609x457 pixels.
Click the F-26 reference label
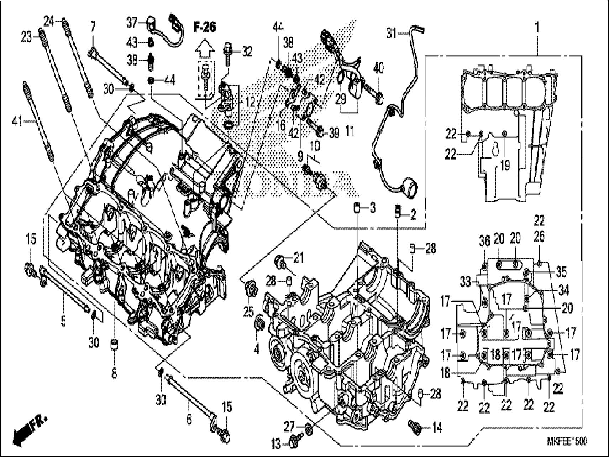[205, 27]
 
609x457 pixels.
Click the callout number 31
[391, 34]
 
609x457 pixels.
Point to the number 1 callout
[537, 27]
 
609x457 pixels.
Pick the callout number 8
[114, 373]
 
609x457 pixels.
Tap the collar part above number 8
[114, 345]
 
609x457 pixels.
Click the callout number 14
[437, 428]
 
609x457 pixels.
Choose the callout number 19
[505, 165]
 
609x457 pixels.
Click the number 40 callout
[379, 68]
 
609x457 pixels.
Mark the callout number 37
[132, 23]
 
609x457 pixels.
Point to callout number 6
[189, 419]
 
